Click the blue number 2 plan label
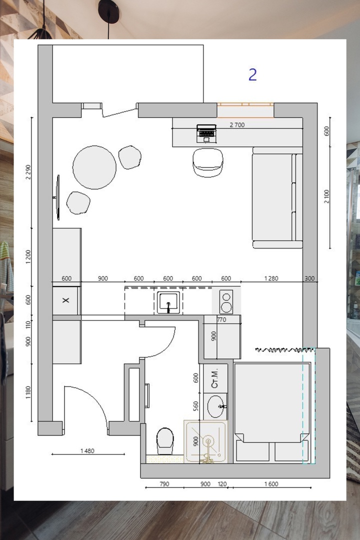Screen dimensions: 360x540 pyautogui.click(x=252, y=74)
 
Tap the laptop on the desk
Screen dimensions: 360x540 pyautogui.click(x=206, y=133)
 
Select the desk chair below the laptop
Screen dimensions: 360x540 pyautogui.click(x=207, y=162)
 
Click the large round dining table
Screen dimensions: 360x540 pyautogui.click(x=94, y=167)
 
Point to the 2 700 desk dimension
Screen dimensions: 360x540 pyautogui.click(x=237, y=125)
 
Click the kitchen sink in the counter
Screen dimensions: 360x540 pyautogui.click(x=168, y=302)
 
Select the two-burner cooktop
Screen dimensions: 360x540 pyautogui.click(x=226, y=302)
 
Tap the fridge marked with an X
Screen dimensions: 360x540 pyautogui.click(x=65, y=300)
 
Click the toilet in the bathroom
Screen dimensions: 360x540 pyautogui.click(x=165, y=441)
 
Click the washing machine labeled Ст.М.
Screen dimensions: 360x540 pyautogui.click(x=215, y=378)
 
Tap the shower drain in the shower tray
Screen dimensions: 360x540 pyautogui.click(x=208, y=441)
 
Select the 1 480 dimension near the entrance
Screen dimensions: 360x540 pyautogui.click(x=87, y=451)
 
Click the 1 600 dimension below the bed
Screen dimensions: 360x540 pyautogui.click(x=271, y=484)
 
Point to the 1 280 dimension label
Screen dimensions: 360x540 pyautogui.click(x=271, y=278)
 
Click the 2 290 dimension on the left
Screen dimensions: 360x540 pyautogui.click(x=28, y=172)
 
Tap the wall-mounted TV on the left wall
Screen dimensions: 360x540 pyautogui.click(x=57, y=197)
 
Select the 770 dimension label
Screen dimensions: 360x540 pyautogui.click(x=221, y=319)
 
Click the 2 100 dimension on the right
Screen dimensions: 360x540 pyautogui.click(x=326, y=196)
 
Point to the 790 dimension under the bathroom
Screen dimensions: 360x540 pyautogui.click(x=164, y=484)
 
